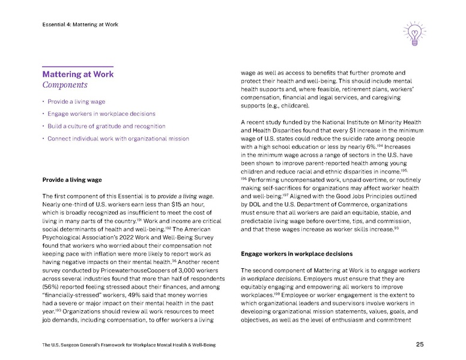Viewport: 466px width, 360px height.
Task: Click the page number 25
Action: [420, 344]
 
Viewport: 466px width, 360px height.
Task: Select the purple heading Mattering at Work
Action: [77, 74]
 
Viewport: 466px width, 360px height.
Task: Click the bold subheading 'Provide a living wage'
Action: [71, 179]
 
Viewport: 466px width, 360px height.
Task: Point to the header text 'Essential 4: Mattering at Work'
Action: [80, 25]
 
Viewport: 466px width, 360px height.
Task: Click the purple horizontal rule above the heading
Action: [77, 65]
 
